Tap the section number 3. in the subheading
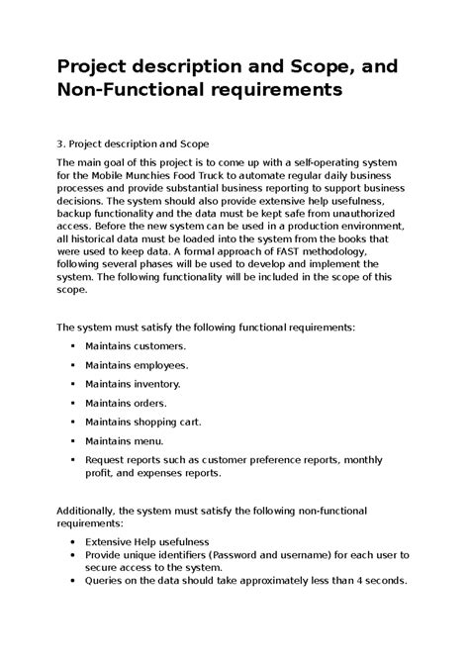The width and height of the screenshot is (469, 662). (x=60, y=142)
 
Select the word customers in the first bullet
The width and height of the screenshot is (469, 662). (x=160, y=347)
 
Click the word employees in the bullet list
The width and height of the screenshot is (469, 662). (x=161, y=365)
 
